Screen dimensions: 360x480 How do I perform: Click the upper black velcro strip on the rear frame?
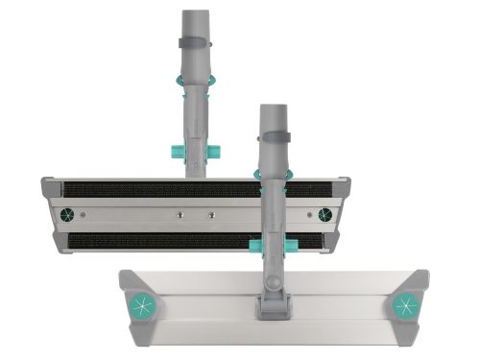point(144,189)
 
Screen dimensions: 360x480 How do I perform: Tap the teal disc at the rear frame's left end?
point(67,214)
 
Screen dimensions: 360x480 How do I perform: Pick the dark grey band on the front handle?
point(272,139)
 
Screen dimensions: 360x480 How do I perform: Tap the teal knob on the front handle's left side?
point(256,249)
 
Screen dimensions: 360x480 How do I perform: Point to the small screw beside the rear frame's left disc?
point(84,214)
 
